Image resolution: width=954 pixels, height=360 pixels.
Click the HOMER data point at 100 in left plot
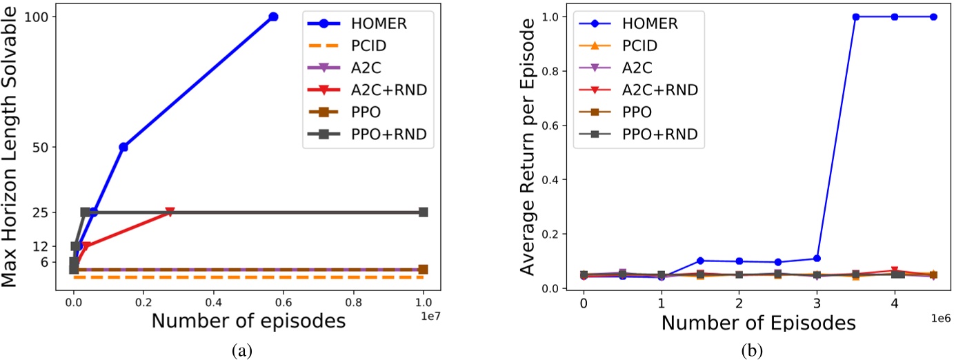pyautogui.click(x=273, y=17)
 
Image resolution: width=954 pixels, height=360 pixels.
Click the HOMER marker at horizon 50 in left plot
pyautogui.click(x=123, y=147)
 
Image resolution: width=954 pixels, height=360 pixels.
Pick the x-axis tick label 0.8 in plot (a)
pyautogui.click(x=354, y=302)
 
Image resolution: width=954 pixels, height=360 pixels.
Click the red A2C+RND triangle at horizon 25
pyautogui.click(x=170, y=212)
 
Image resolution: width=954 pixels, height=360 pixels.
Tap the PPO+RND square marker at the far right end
pyautogui.click(x=424, y=212)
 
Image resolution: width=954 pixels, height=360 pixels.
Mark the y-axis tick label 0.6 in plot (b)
pyautogui.click(x=551, y=126)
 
